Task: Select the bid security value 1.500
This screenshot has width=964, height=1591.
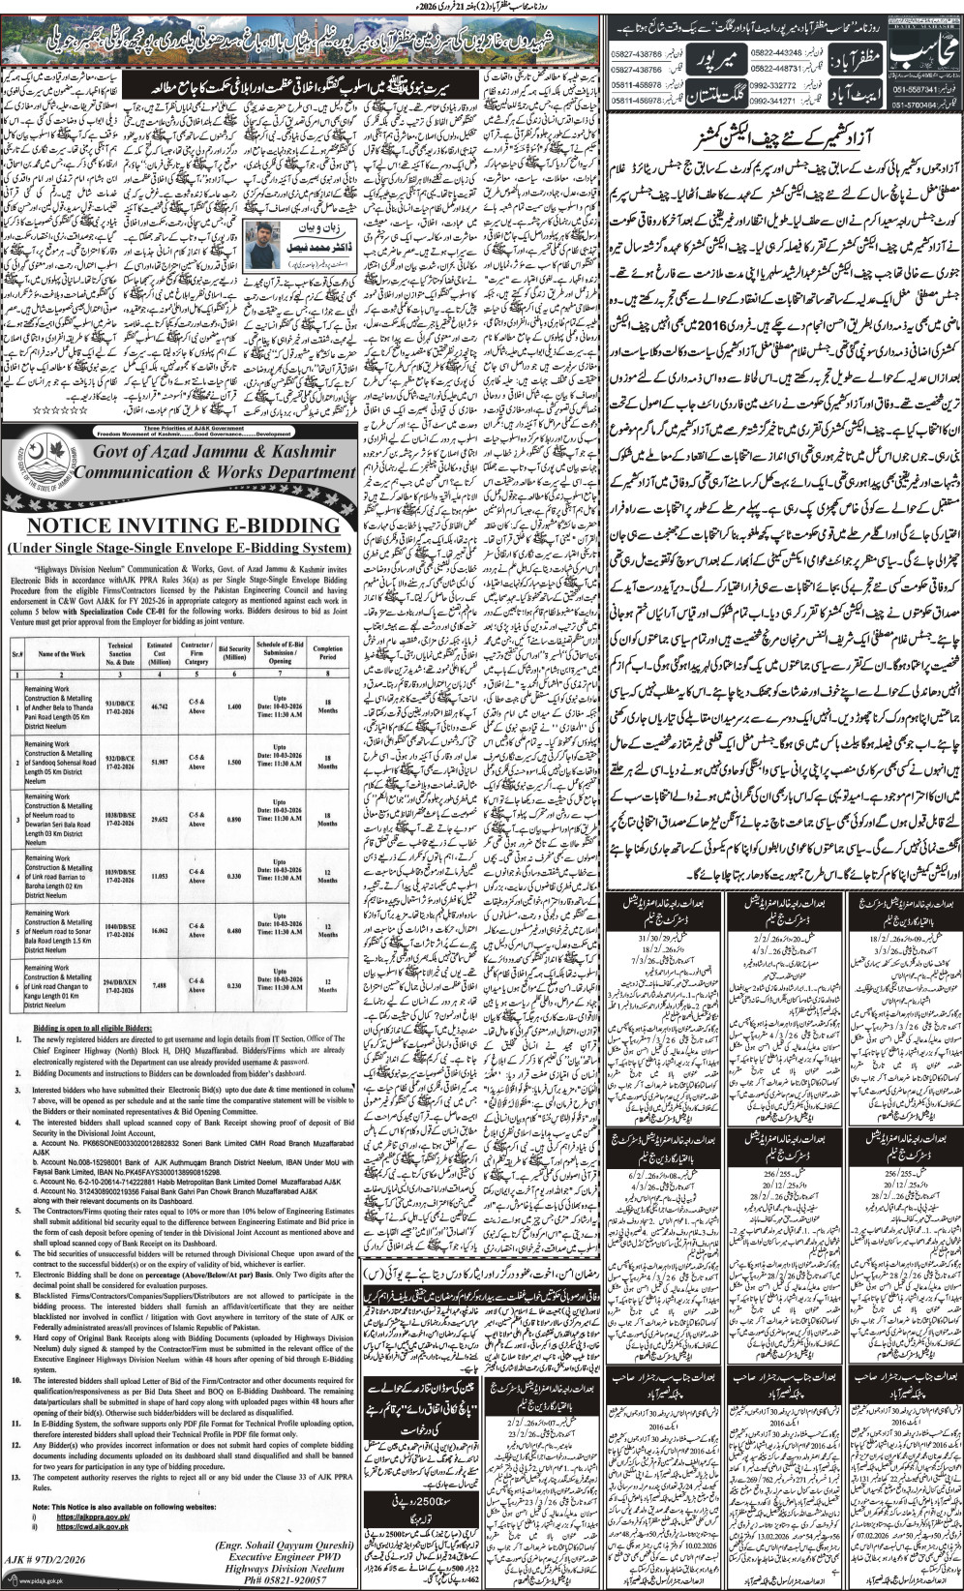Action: coord(234,763)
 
